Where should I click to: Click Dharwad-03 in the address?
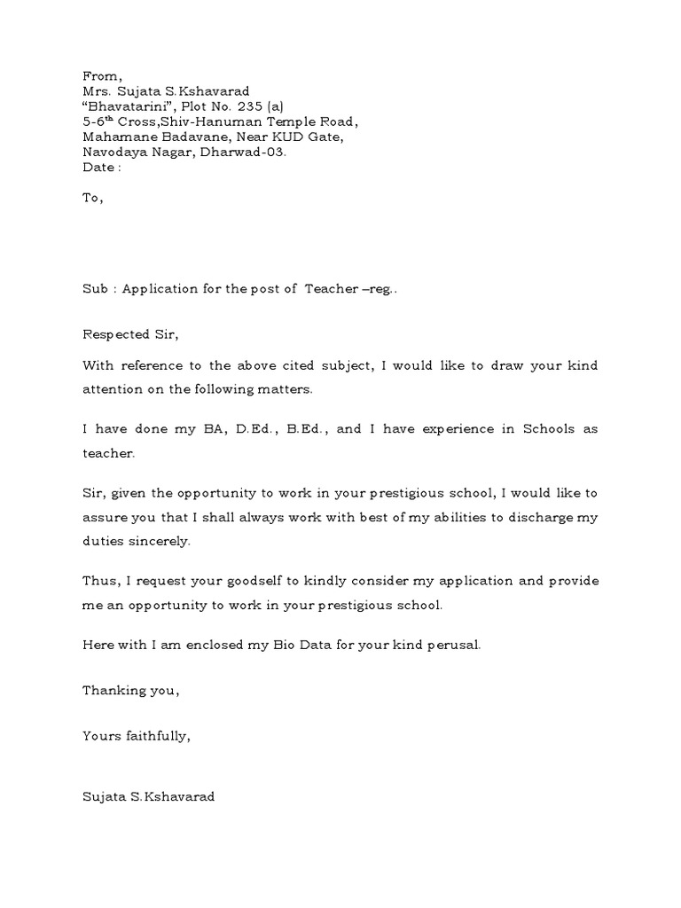coord(249,152)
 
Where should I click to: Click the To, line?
coord(93,198)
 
